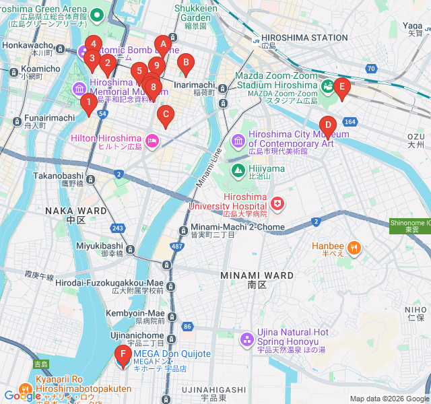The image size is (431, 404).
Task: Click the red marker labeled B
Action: tap(185, 64)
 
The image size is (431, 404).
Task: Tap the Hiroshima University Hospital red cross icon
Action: tap(277, 203)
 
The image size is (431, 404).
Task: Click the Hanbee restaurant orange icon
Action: tap(354, 247)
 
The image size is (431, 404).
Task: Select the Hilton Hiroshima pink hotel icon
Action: tap(152, 140)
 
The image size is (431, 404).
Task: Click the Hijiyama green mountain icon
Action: tap(238, 170)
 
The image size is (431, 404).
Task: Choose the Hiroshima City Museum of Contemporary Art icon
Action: tap(238, 140)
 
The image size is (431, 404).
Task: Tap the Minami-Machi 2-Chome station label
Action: tap(237, 228)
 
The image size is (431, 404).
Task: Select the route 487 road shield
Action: tap(177, 247)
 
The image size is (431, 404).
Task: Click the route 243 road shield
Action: tap(118, 229)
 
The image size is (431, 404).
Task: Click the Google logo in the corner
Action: tap(22, 396)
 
